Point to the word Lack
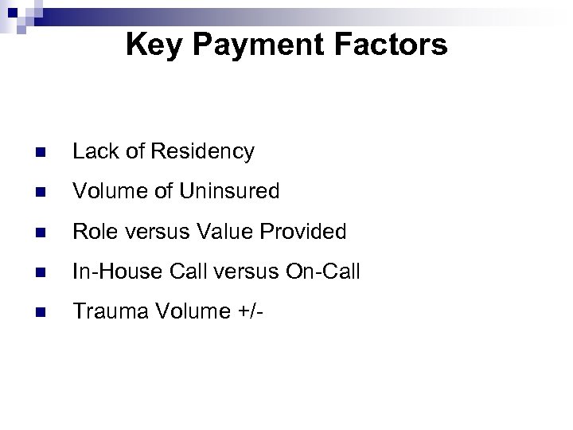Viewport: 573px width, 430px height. pos(92,151)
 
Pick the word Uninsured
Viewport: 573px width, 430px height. pos(230,191)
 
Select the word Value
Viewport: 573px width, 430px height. pos(220,232)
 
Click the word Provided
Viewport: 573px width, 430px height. pos(301,232)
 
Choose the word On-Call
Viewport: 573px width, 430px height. pos(324,272)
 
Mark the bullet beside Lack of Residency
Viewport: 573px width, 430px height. pos(41,152)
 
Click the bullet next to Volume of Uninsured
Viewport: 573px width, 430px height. pos(41,192)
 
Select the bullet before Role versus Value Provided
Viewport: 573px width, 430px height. pos(41,233)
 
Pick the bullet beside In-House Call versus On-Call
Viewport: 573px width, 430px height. pos(41,272)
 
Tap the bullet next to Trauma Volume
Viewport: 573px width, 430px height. pos(41,312)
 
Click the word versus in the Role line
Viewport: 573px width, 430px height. pos(150,232)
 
